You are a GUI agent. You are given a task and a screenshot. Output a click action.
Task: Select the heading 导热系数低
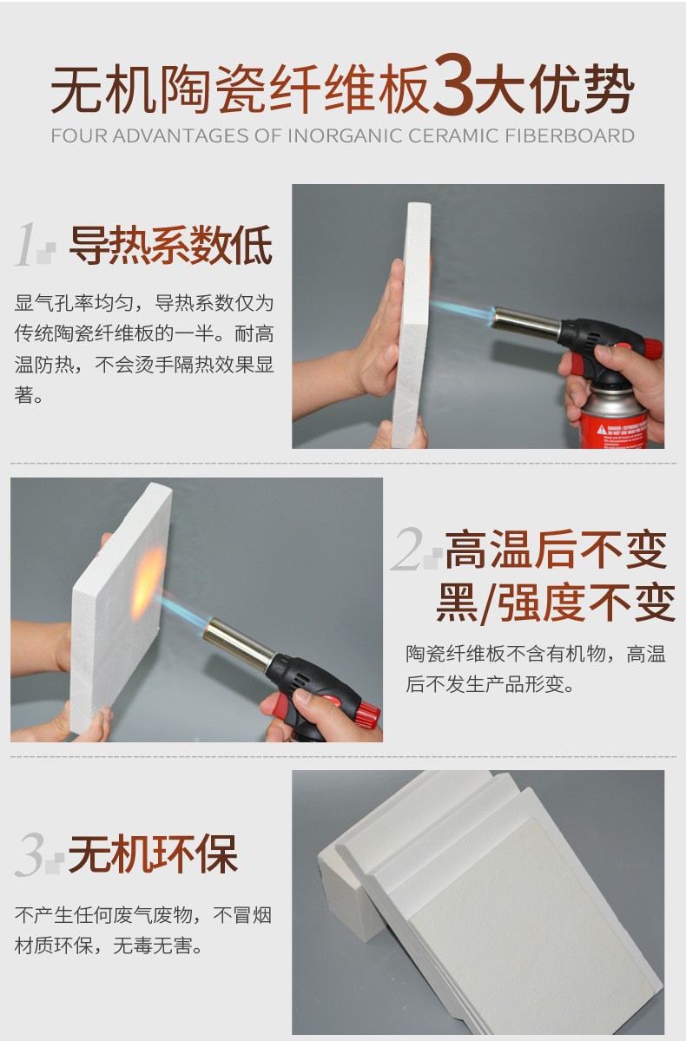coord(170,246)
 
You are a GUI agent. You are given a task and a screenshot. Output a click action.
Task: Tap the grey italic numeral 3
coord(32,855)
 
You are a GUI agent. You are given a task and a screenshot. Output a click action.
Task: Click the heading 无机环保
coord(153,854)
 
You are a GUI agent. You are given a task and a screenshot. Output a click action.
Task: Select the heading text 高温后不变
coord(556,549)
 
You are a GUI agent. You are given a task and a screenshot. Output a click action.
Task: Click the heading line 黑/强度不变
coord(556,603)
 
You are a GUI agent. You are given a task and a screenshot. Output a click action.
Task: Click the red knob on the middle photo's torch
coord(369,714)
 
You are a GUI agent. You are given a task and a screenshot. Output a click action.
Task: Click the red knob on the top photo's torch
coord(652,349)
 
